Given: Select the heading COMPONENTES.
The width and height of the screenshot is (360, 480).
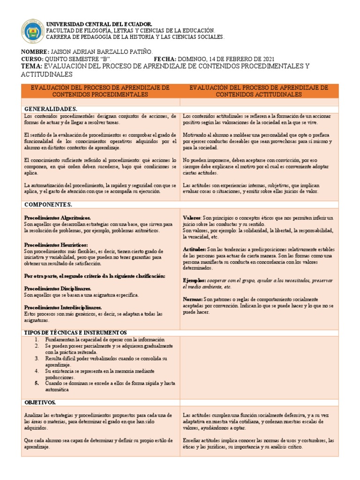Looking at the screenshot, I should click(48, 205).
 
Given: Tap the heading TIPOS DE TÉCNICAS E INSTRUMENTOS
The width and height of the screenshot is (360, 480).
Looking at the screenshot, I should click(75, 332).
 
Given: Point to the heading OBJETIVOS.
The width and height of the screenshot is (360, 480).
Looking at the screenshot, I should click(40, 403).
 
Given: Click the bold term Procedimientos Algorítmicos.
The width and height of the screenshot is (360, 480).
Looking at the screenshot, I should click(57, 218).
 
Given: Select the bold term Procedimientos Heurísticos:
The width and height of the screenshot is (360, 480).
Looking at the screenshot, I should click(56, 245).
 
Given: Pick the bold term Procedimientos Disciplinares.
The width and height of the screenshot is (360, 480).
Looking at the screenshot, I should click(57, 289).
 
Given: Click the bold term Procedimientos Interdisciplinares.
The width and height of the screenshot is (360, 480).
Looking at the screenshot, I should click(63, 307).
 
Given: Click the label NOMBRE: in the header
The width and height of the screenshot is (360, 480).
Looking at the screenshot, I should click(35, 52).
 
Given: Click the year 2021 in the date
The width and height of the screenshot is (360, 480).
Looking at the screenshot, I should click(266, 59).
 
